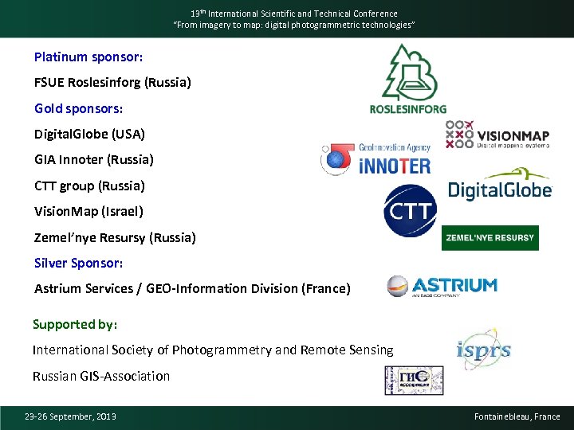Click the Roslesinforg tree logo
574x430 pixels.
coord(407,77)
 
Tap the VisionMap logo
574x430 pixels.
coord(498,135)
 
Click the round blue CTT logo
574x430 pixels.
coord(410,211)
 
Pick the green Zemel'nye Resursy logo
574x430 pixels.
coord(489,237)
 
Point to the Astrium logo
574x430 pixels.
coord(442,287)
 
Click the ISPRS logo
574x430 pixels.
coord(483,348)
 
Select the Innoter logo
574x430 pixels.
coord(375,159)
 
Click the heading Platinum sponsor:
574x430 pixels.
coord(88,57)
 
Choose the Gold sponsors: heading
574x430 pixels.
coord(78,107)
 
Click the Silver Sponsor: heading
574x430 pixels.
coord(79,263)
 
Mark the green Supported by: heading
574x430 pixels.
coord(75,324)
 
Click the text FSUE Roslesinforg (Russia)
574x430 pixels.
coord(112,82)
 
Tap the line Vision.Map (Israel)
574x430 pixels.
coord(88,211)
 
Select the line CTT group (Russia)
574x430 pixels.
coord(89,186)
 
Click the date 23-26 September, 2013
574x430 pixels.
coord(70,416)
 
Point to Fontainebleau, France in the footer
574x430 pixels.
coord(517,416)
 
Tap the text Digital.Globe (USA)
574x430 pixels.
coord(89,134)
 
